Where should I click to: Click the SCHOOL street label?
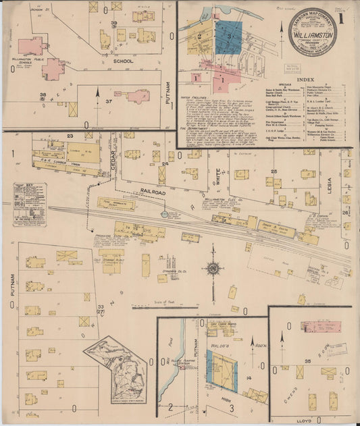click(x=124, y=61)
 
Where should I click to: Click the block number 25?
click(x=275, y=172)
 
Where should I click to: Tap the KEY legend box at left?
click(x=29, y=203)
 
